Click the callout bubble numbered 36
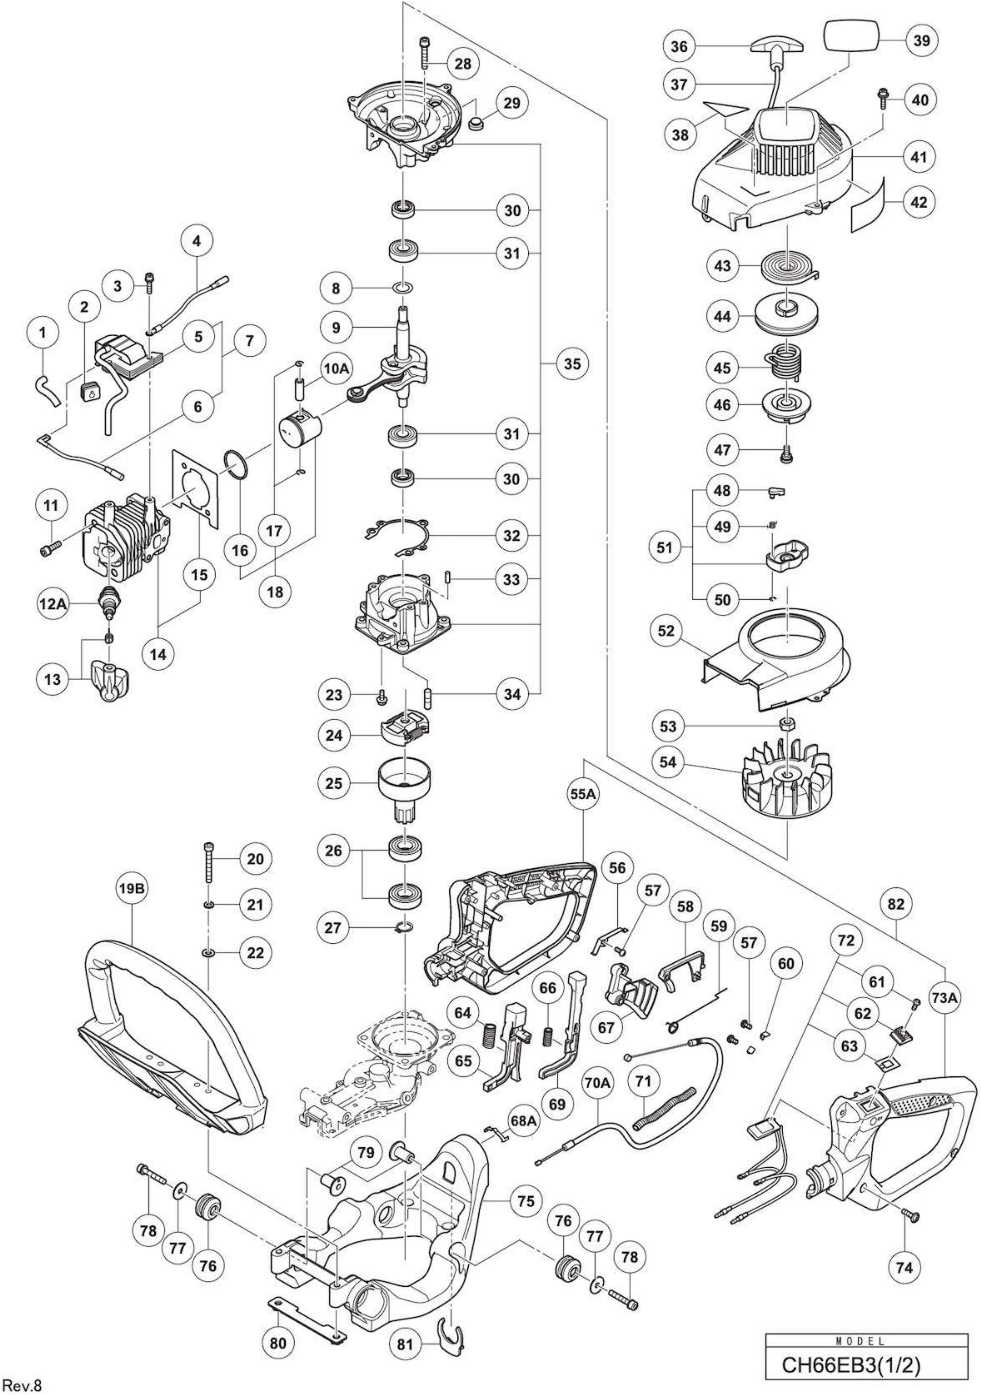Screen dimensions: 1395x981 click(679, 46)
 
